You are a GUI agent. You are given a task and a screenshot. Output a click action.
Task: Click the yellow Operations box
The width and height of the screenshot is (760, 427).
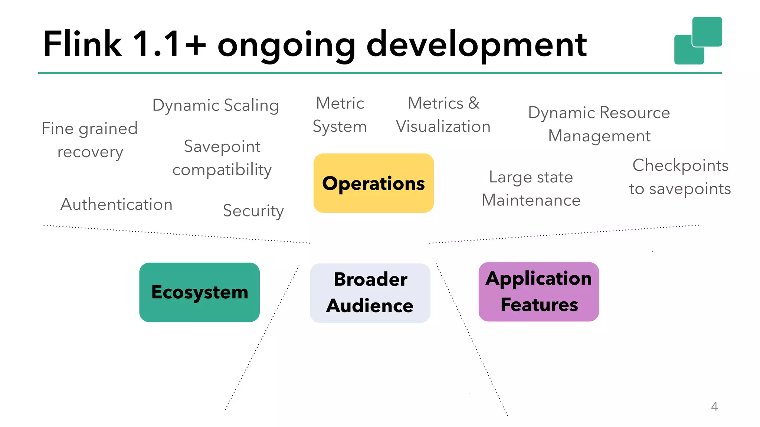click(x=373, y=183)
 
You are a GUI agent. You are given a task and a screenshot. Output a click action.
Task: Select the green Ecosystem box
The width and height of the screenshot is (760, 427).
click(x=199, y=292)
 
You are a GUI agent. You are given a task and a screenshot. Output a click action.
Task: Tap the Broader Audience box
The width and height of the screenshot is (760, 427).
click(x=370, y=293)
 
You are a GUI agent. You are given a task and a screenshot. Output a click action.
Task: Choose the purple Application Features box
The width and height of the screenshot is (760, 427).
click(x=538, y=292)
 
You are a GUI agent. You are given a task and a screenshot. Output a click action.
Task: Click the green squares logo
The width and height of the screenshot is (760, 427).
click(x=698, y=40)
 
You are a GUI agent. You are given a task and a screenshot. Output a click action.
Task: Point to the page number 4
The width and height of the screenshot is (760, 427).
click(x=714, y=407)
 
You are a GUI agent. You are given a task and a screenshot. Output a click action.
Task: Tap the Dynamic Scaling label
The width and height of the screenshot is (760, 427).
click(x=216, y=106)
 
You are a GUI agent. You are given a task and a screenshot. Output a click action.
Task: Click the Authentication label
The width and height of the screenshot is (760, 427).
click(x=117, y=205)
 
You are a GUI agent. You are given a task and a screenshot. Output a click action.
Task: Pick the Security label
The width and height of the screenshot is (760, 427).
click(x=253, y=211)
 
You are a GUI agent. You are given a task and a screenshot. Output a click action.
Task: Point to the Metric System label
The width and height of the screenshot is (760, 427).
click(x=340, y=115)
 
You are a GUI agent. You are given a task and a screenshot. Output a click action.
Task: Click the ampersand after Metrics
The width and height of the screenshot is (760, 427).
click(x=474, y=103)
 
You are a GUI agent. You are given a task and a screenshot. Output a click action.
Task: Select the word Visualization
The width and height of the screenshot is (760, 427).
click(x=443, y=127)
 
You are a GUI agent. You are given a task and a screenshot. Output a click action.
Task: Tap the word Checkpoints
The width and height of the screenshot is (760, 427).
click(x=680, y=166)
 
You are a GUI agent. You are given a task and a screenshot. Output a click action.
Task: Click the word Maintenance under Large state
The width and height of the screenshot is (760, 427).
click(x=531, y=201)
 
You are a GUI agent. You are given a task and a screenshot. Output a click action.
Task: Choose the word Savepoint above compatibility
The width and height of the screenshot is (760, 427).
click(x=222, y=147)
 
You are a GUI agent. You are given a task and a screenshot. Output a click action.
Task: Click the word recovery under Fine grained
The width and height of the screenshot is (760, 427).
click(x=90, y=152)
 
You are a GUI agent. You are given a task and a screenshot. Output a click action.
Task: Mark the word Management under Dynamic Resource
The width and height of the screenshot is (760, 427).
click(x=599, y=136)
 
